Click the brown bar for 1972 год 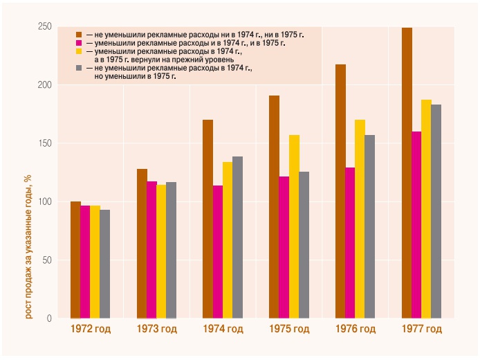75,260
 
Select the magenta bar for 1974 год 218,252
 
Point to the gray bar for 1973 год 171,250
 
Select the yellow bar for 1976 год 360,219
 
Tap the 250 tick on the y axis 45,27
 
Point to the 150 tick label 45,144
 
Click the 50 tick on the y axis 47,260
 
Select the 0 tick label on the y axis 49,318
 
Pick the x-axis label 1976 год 356,330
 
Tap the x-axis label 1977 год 421,330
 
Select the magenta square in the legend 79,43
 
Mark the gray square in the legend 79,69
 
